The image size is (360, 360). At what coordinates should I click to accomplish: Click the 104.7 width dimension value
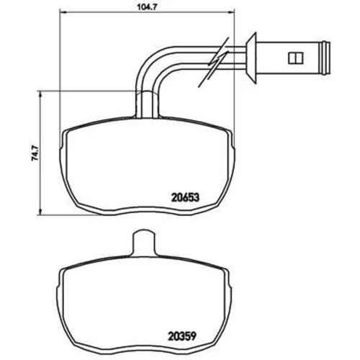coord(147,7)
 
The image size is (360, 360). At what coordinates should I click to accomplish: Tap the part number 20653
coord(185,197)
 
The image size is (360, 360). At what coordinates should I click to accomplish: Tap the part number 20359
coord(182,336)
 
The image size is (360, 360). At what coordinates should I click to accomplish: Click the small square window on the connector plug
coord(295,58)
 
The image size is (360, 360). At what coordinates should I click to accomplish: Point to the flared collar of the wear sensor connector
coord(251,58)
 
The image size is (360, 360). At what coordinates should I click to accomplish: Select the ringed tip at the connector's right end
coord(325,58)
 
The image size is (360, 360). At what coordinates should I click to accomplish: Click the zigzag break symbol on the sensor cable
coord(213,62)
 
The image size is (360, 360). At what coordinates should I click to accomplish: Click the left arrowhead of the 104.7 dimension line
coord(63,12)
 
